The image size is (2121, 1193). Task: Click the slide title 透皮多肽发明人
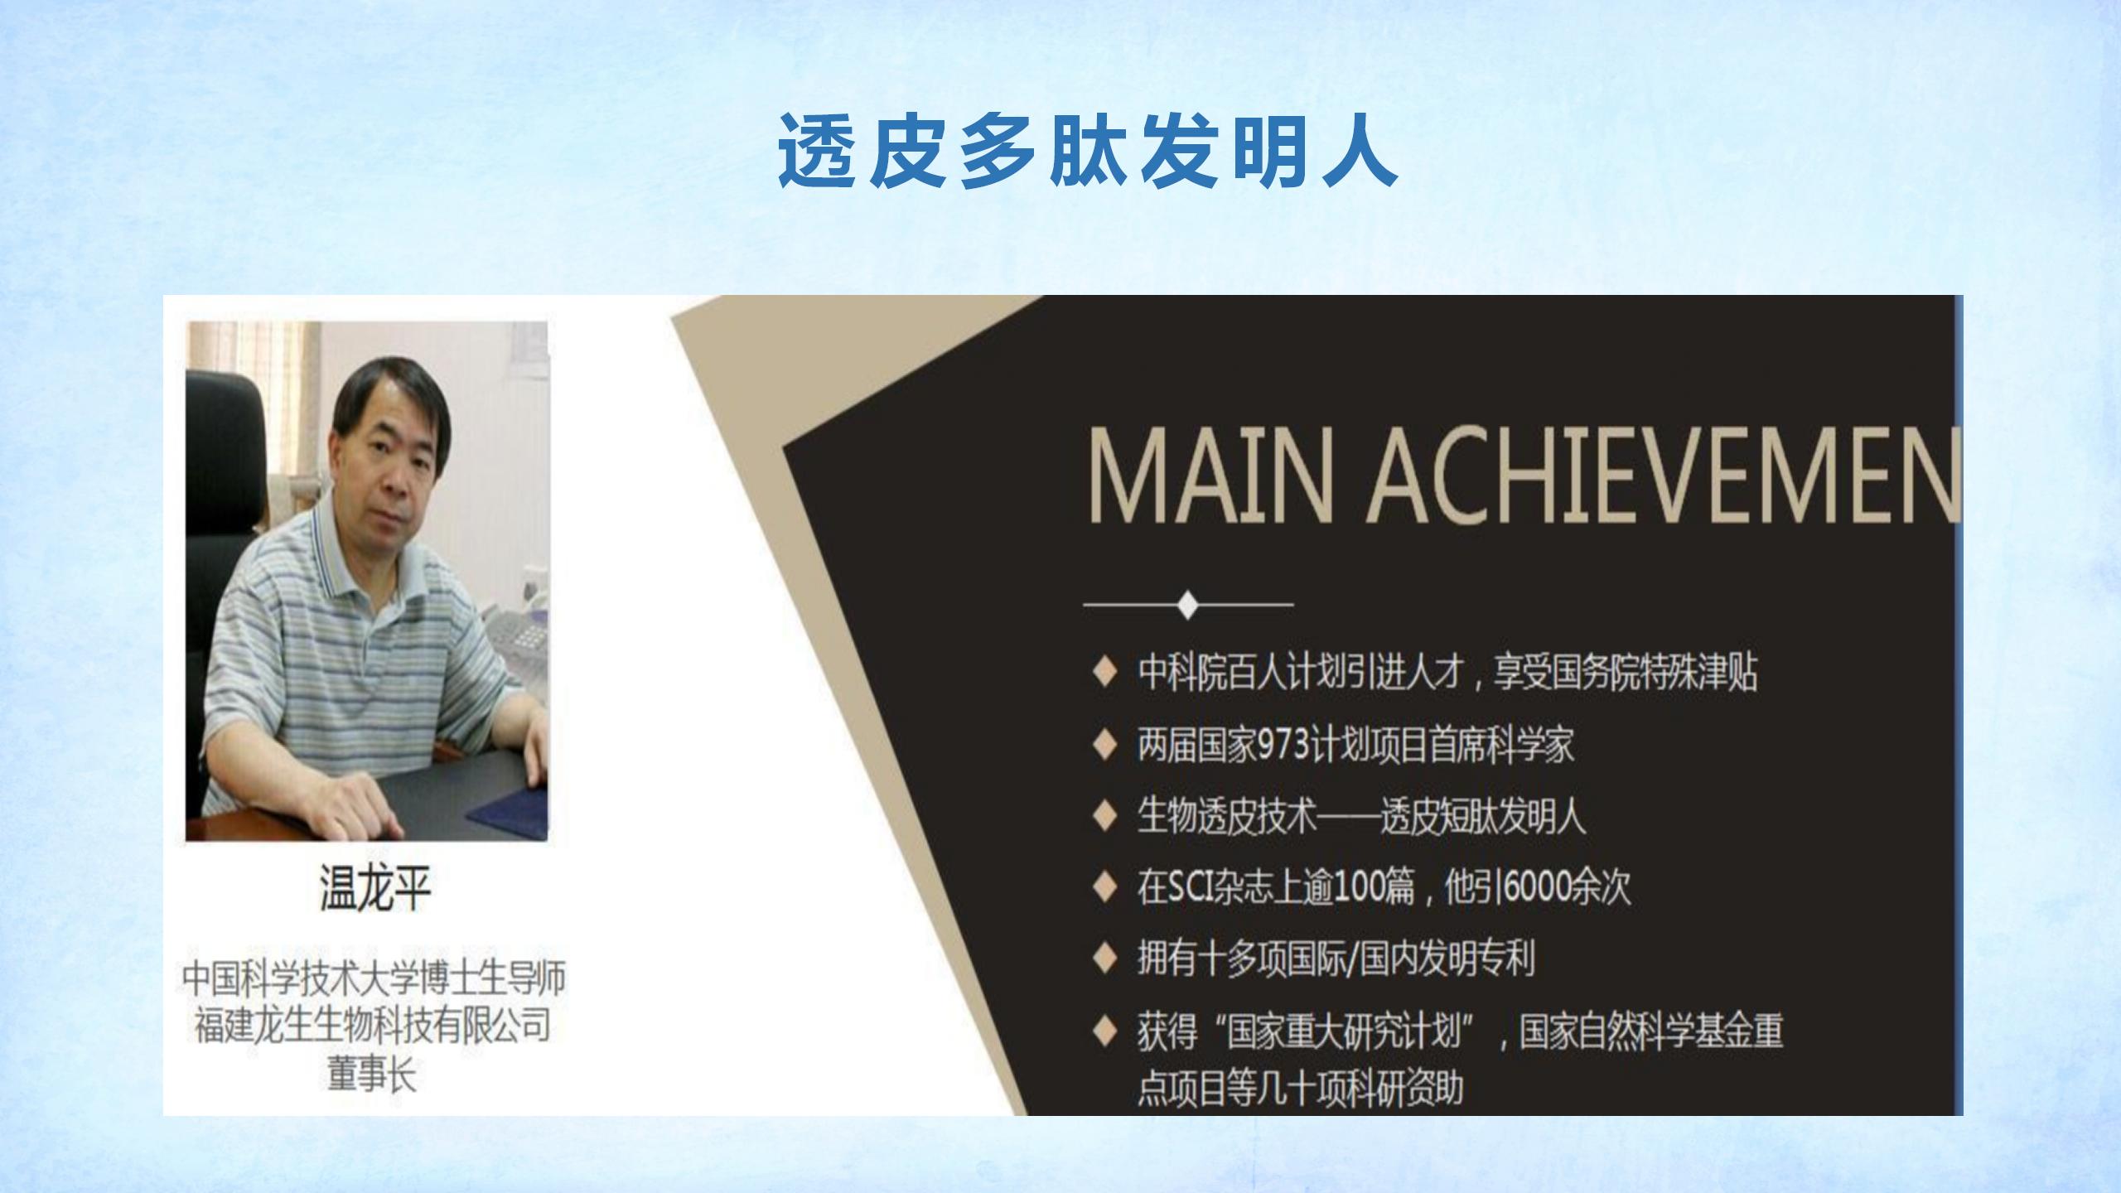pos(1088,152)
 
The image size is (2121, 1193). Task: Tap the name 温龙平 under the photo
pos(375,888)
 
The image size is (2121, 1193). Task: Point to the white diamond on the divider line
pos(1188,604)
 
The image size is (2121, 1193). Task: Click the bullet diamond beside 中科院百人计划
pos(1104,674)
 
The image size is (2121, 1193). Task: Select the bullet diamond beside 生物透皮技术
pos(1104,817)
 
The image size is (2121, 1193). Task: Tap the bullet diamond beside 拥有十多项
pos(1104,959)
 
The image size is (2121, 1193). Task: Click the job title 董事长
pos(372,1075)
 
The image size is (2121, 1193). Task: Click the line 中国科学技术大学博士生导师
pos(374,978)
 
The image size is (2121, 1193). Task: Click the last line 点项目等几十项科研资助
pos(1301,1088)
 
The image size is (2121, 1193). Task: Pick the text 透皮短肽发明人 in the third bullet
pos(1483,817)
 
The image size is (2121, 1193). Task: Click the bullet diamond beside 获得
pos(1104,1031)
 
